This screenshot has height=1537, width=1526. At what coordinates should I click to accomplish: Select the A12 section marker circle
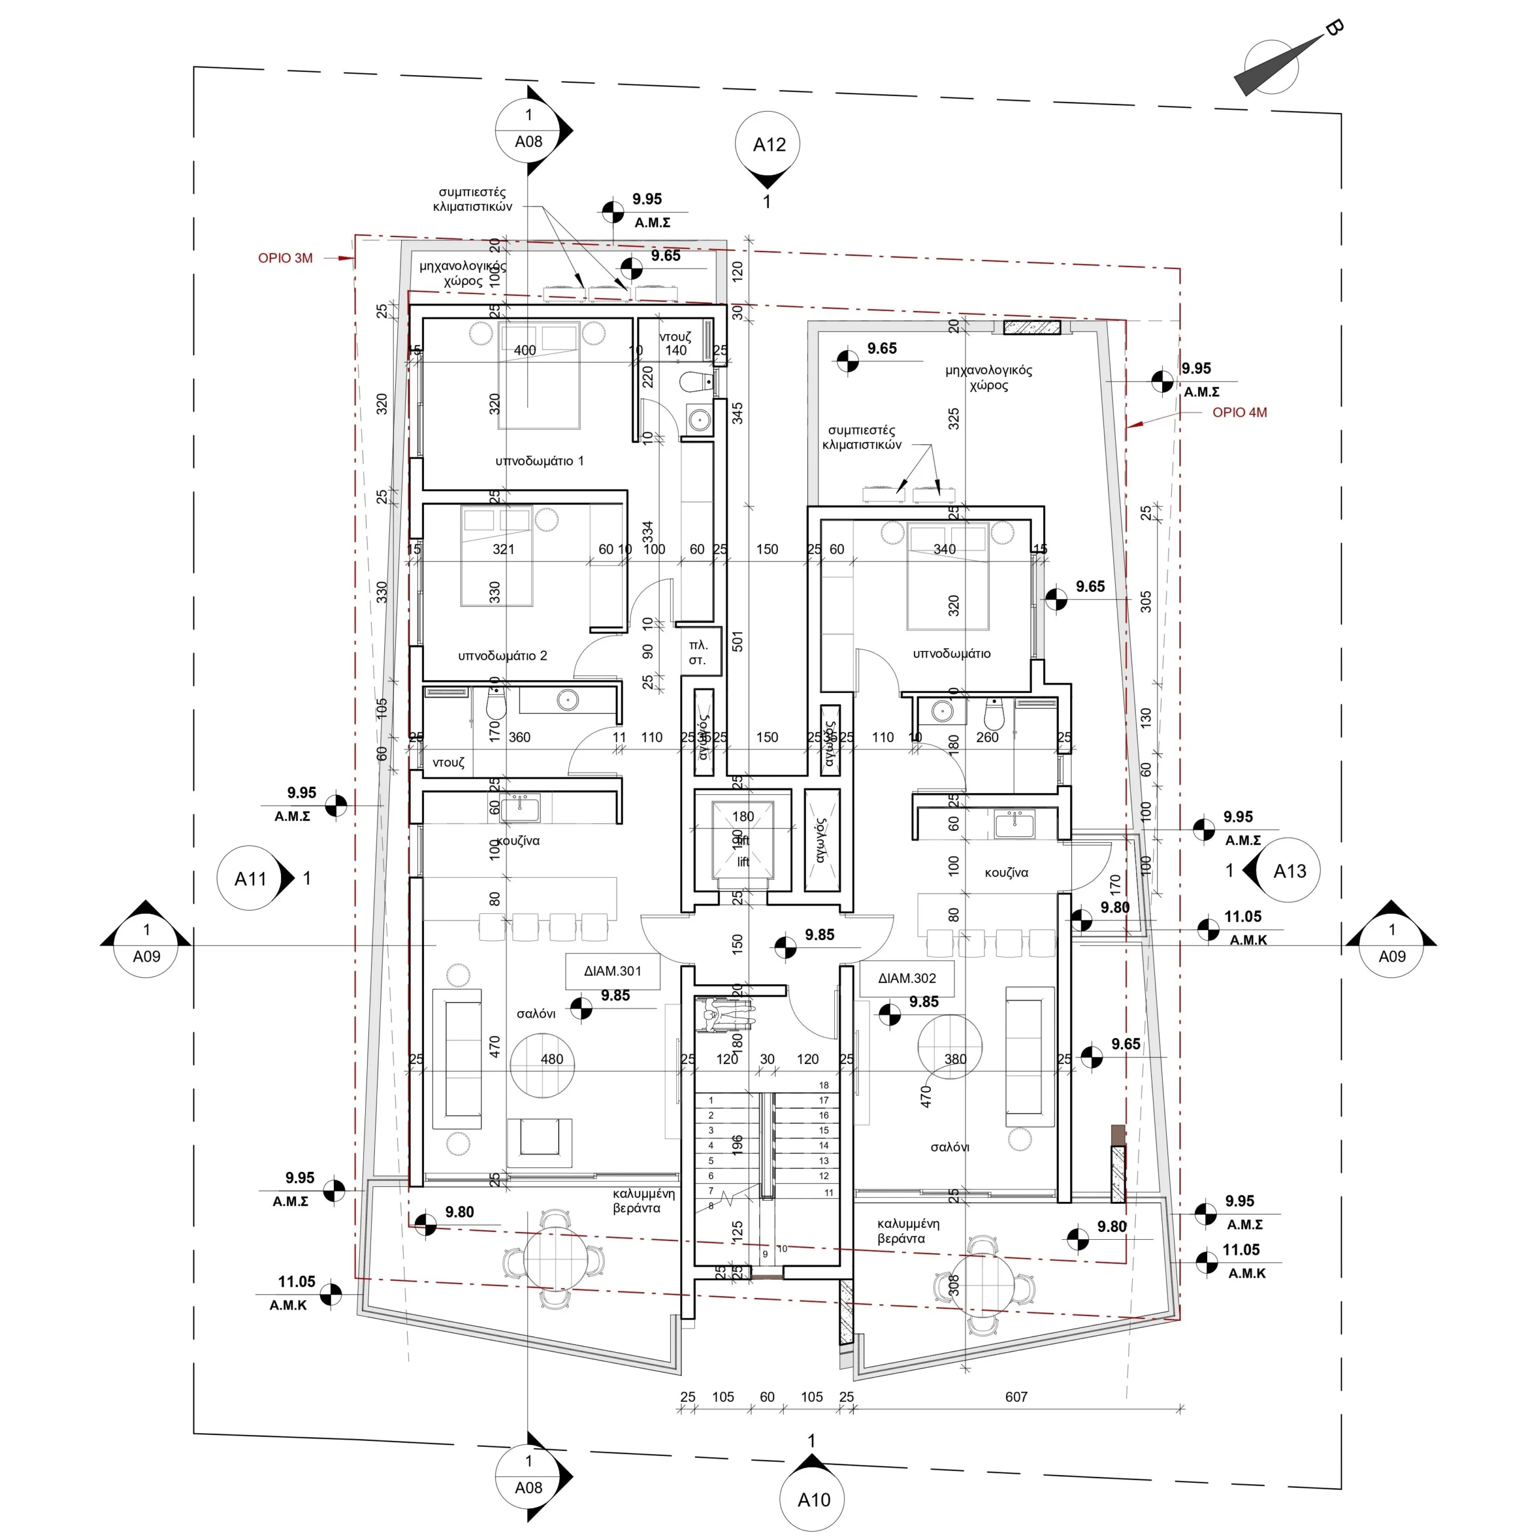pos(768,144)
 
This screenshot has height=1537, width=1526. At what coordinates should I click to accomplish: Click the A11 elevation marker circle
pos(250,878)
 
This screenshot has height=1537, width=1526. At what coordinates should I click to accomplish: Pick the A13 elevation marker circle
pos(1289,871)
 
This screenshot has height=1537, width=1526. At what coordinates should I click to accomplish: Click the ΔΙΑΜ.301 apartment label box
pos(612,971)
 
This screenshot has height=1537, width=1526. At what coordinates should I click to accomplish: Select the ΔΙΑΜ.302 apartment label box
pos(906,977)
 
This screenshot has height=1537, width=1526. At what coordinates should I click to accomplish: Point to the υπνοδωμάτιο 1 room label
pos(539,460)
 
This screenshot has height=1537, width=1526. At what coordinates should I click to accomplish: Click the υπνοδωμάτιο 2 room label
pos(502,656)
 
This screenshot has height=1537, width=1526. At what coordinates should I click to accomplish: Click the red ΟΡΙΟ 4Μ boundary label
pos(1239,412)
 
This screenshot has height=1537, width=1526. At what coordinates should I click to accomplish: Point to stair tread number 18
pos(823,1085)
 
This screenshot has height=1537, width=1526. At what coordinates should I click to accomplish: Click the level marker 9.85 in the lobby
pos(819,935)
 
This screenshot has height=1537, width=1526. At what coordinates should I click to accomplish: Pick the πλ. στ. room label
pos(698,653)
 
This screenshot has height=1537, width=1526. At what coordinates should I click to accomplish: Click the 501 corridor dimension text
pos(737,641)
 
